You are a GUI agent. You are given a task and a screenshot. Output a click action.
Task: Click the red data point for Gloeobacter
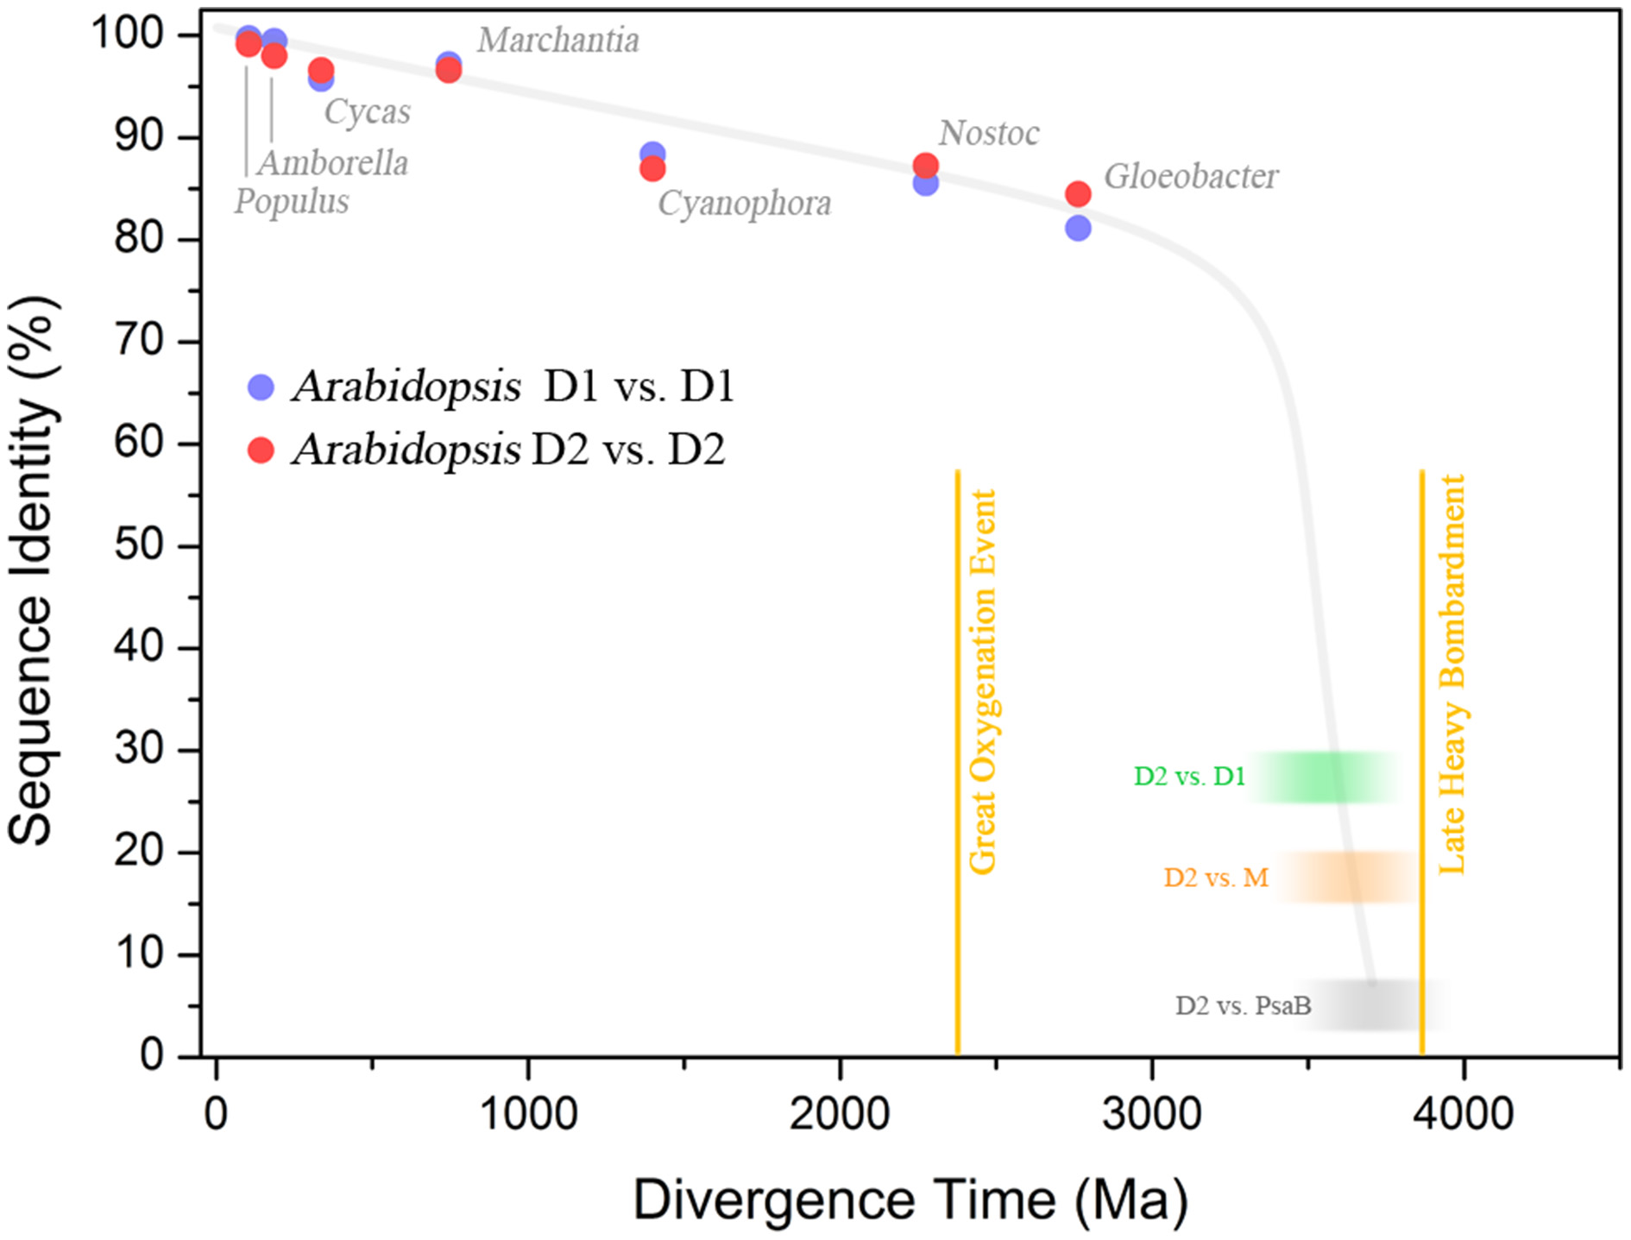click(1078, 194)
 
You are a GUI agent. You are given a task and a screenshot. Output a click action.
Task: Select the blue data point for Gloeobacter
click(1078, 229)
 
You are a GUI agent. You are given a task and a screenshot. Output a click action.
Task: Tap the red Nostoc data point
click(925, 165)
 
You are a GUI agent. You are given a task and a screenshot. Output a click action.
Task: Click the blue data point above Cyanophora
click(652, 154)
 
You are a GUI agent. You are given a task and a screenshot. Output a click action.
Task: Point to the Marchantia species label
click(558, 41)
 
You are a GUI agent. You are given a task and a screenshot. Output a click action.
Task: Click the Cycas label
click(367, 112)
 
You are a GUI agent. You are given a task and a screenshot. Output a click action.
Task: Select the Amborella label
click(333, 163)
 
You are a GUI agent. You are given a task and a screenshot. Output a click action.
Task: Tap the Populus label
click(292, 202)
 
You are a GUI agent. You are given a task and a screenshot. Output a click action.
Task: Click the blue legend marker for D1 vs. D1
click(261, 387)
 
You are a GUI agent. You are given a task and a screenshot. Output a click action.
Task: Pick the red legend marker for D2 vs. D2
click(261, 450)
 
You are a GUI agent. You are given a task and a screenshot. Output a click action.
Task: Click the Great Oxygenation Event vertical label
click(983, 682)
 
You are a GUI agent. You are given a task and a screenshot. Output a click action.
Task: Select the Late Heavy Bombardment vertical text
click(1452, 673)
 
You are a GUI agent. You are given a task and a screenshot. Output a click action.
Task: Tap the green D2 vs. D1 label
click(1189, 777)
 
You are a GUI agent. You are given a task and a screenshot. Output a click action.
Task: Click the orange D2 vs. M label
click(1216, 878)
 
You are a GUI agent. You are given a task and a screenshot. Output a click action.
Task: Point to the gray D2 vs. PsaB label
click(1243, 1006)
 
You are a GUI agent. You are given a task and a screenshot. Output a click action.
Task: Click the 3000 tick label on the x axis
click(1151, 1114)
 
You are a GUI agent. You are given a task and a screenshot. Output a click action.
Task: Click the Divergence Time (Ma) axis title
click(910, 1200)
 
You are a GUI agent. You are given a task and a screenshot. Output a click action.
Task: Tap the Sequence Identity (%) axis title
click(32, 570)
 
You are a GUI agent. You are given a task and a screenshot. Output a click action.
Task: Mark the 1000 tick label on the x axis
click(527, 1114)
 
